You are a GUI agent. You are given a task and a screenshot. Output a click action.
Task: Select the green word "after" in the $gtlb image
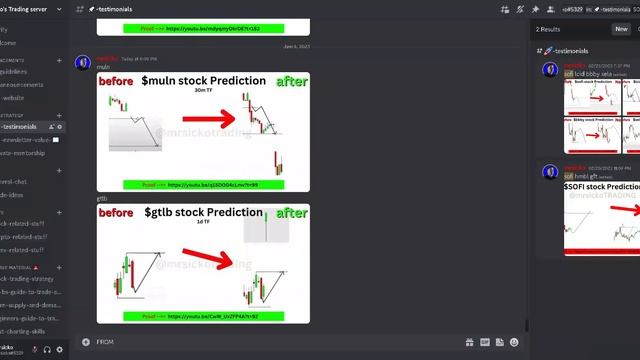pos(291,213)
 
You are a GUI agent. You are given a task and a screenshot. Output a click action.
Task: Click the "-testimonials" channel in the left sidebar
pos(21,127)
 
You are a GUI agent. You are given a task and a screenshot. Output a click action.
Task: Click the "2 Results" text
pos(547,29)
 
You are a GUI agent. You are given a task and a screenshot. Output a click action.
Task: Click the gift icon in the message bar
pos(470,341)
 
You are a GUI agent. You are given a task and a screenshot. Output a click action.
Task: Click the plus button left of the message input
pos(85,341)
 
